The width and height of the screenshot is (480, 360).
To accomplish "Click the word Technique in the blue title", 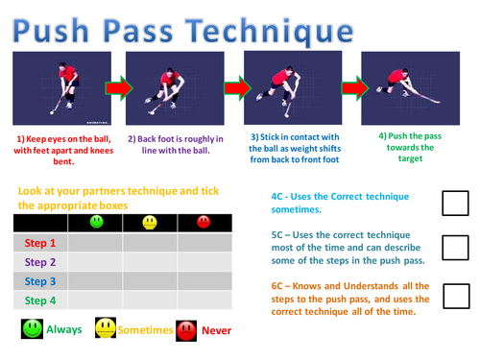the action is (270, 32).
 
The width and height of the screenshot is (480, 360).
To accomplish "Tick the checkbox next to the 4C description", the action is (455, 204).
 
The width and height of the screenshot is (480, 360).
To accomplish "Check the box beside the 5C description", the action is (455, 248).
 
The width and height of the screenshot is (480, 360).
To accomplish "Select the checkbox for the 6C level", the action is (456, 296).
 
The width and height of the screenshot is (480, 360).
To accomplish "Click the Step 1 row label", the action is (40, 243).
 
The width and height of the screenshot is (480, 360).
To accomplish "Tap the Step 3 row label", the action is (40, 281).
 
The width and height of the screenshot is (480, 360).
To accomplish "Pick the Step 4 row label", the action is (40, 300).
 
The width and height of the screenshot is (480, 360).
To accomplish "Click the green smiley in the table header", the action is (97, 222).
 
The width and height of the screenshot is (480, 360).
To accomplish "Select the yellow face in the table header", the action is (150, 223).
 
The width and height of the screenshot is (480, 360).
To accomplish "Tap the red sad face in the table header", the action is (204, 222).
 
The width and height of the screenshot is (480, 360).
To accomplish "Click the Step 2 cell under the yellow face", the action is (150, 262).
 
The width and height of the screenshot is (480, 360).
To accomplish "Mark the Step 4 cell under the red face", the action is (204, 300).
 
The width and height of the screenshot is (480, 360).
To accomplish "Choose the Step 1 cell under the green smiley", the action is (95, 243).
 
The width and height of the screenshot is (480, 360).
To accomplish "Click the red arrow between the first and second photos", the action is (119, 88).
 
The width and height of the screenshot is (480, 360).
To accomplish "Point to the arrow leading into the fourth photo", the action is (355, 88).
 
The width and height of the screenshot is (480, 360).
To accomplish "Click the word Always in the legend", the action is (64, 329).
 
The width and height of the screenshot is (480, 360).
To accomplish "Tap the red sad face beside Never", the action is (186, 331).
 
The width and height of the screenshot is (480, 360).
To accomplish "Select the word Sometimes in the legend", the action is (145, 330).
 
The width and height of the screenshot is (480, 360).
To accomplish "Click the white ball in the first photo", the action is (52, 112).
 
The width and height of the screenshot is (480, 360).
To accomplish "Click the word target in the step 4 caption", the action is (410, 158).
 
